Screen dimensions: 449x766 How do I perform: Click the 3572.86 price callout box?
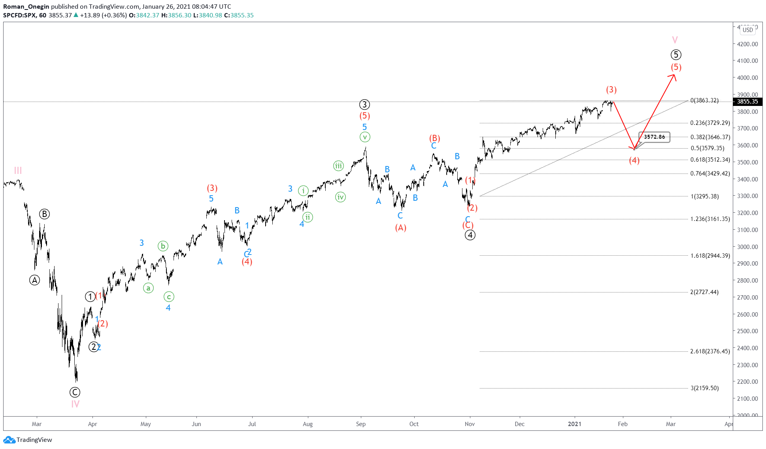[x=654, y=137]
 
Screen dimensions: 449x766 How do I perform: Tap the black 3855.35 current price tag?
[x=747, y=102]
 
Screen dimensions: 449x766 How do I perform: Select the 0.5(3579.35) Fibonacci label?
[x=707, y=148]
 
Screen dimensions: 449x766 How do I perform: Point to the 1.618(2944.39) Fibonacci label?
[x=710, y=256]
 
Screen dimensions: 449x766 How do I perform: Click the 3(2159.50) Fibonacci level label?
[x=704, y=388]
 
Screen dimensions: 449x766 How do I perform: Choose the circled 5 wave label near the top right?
[x=676, y=55]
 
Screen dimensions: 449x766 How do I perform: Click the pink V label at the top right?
[x=675, y=40]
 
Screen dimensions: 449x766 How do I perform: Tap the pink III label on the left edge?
[x=18, y=170]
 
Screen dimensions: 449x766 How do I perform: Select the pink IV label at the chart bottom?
[x=75, y=404]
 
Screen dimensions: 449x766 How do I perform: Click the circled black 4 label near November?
[x=470, y=235]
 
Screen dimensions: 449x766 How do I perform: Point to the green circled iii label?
[x=338, y=166]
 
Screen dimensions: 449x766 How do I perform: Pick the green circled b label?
[x=163, y=246]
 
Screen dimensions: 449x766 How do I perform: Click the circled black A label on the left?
[x=35, y=280]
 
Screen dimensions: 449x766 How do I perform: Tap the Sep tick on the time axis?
[x=360, y=424]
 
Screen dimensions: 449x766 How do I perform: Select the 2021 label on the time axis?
[x=574, y=424]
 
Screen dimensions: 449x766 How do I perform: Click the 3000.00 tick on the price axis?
[x=747, y=247]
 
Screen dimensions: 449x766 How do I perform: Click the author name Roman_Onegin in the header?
[x=26, y=6]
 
